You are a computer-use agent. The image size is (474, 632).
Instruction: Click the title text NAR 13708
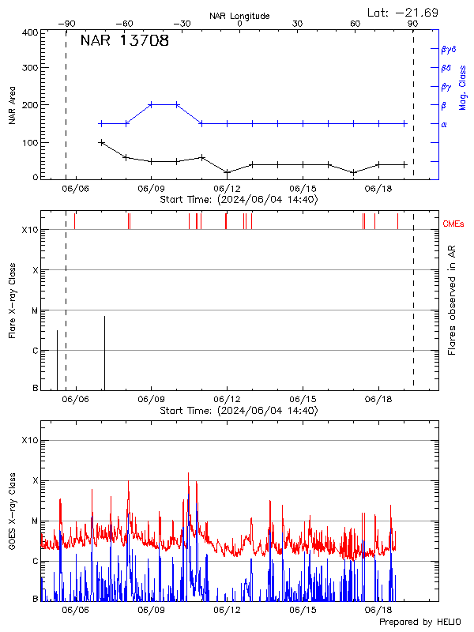tap(124, 41)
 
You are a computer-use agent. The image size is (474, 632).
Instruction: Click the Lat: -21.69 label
tap(404, 12)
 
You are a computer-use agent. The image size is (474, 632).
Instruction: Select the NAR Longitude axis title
tap(239, 16)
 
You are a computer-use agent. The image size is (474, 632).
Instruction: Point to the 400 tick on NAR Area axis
tap(31, 32)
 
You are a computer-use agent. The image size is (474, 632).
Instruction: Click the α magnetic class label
tap(444, 124)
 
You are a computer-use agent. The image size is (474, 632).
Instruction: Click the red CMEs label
tap(454, 224)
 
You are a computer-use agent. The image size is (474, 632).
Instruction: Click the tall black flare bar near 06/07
tap(104, 352)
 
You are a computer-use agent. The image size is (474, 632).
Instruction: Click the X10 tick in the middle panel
tap(30, 230)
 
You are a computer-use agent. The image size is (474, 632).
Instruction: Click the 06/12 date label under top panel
tap(227, 189)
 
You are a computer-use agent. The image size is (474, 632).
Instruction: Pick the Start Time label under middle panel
tap(239, 411)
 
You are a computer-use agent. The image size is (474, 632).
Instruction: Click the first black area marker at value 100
tap(101, 143)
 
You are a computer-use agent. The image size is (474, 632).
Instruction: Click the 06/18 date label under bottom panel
tap(378, 610)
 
